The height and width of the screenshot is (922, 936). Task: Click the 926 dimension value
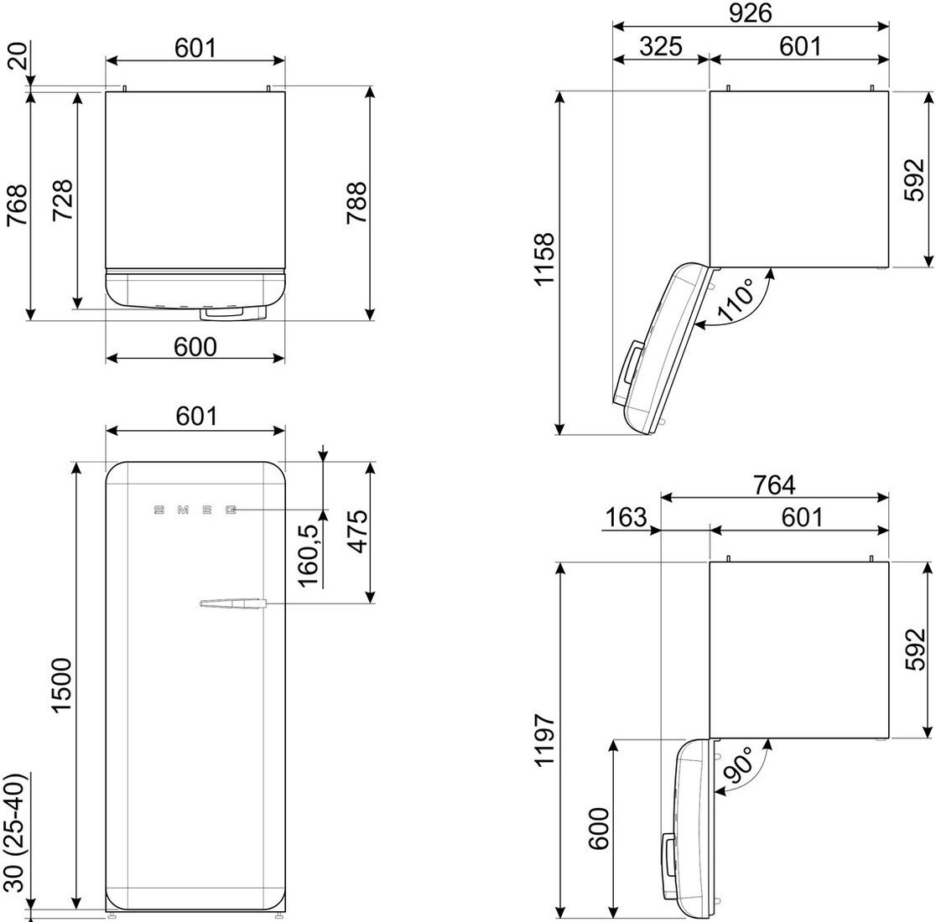751,13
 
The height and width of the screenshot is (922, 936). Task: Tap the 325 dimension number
661,46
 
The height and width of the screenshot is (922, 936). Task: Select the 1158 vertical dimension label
544,260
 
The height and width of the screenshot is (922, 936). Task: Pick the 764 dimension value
773,484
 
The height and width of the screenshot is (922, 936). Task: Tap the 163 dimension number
626,517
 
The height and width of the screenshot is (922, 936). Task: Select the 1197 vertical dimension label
544,739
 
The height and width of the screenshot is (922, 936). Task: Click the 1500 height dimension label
61,686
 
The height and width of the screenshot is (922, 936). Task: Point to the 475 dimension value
359,532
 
